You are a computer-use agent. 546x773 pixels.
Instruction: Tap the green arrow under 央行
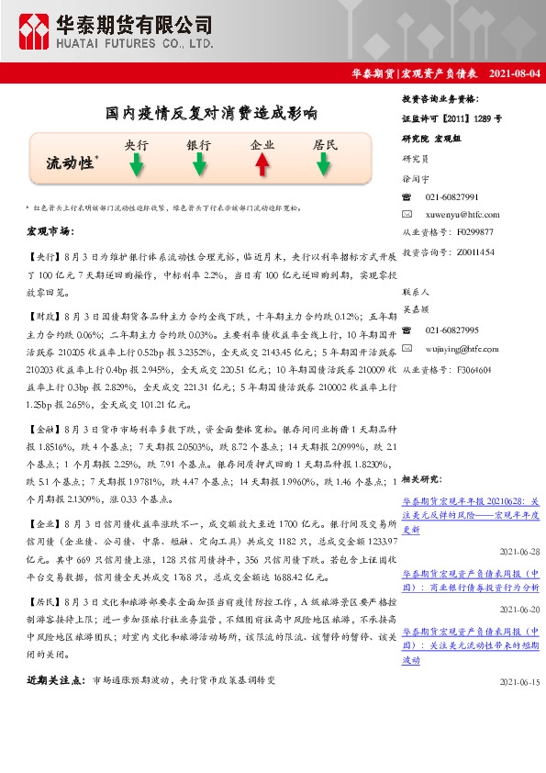(x=136, y=165)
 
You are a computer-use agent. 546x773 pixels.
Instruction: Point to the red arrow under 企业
(x=262, y=165)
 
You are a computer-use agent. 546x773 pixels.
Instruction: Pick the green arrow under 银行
(x=199, y=165)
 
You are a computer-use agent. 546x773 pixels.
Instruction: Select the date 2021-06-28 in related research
(x=520, y=551)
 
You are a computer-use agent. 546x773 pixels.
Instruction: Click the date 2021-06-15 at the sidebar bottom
(x=520, y=682)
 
